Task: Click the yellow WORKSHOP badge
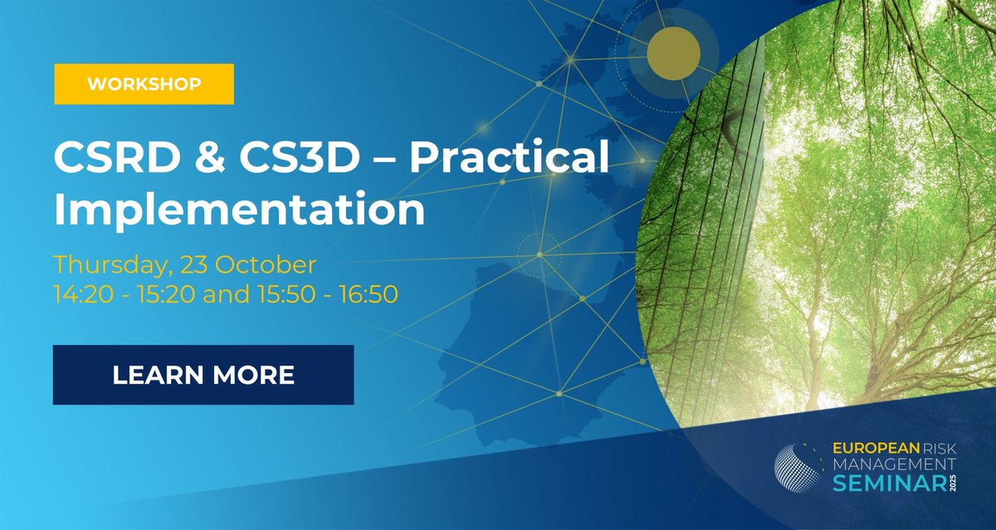click(x=144, y=84)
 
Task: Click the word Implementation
click(x=239, y=210)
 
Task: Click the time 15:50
click(x=289, y=294)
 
